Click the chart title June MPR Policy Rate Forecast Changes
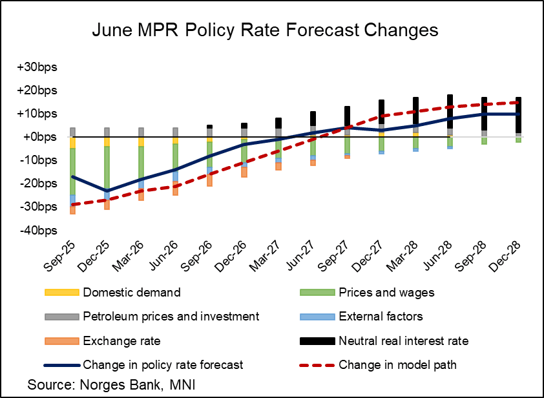265,31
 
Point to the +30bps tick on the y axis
39,67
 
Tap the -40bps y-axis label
40,230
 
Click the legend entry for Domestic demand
131,292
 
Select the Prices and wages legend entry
386,292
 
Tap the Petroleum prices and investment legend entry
171,317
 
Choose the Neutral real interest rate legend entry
403,340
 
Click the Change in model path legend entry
397,365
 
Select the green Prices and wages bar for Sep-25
73,171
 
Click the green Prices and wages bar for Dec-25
107,168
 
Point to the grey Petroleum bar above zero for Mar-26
141,132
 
